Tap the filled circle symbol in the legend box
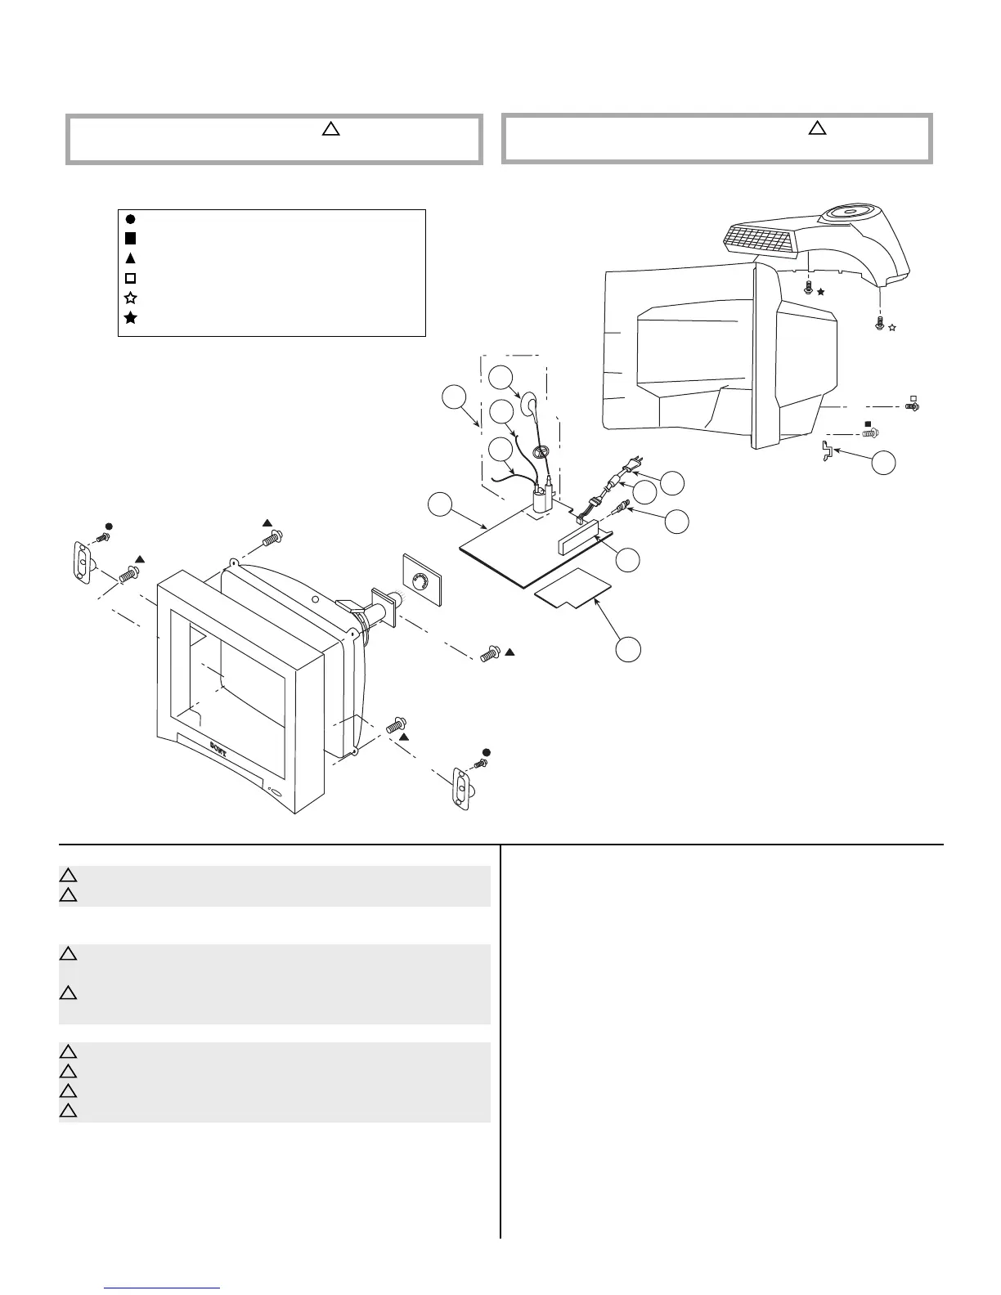click(x=130, y=219)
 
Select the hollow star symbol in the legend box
click(x=130, y=298)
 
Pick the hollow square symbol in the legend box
click(x=130, y=278)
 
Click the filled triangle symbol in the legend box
click(x=130, y=258)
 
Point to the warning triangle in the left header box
click(x=330, y=128)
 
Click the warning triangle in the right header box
click(x=817, y=128)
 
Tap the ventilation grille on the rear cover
click(x=760, y=240)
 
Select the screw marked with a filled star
click(x=809, y=288)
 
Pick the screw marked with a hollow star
click(x=879, y=324)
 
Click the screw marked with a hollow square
click(x=913, y=406)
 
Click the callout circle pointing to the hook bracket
click(x=883, y=463)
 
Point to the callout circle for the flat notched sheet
click(x=628, y=649)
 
